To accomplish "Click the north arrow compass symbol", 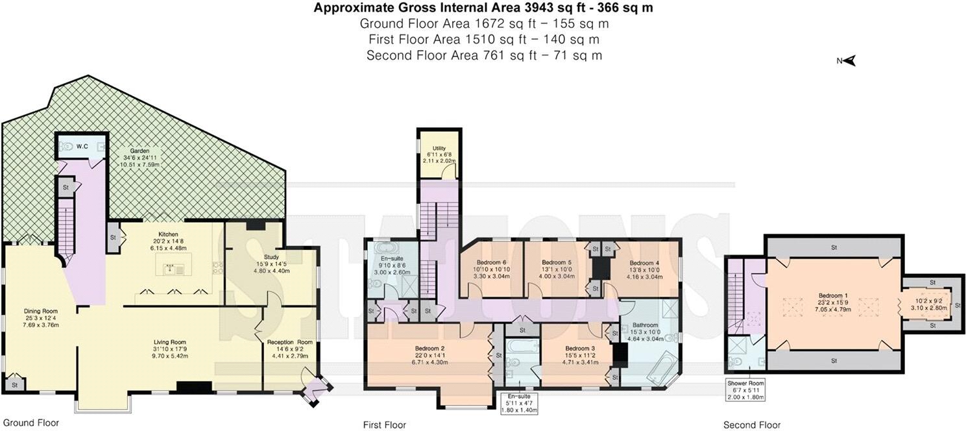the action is [x=847, y=61].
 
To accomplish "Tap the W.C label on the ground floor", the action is [x=82, y=147].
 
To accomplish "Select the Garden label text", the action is [x=139, y=151].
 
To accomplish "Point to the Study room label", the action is [x=271, y=257].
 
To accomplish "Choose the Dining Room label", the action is [x=40, y=311].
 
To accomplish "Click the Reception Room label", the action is [x=290, y=342].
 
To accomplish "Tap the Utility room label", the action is [x=439, y=148].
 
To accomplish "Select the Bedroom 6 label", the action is [x=492, y=262].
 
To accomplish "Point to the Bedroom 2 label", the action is [x=430, y=348].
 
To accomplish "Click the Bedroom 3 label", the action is [x=580, y=348].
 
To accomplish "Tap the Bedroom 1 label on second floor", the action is [x=833, y=295].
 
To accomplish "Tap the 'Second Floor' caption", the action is [x=752, y=425].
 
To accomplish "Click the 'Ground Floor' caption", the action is [x=31, y=423].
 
